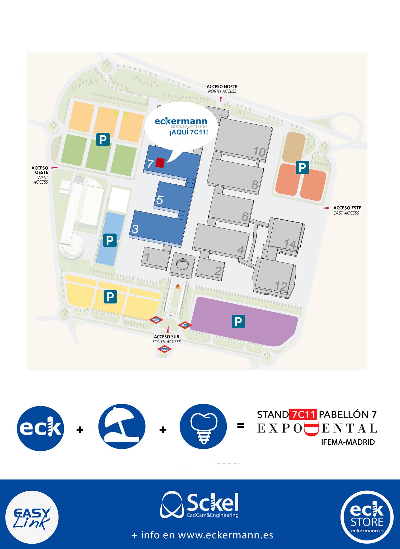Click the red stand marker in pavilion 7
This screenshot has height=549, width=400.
[160, 163]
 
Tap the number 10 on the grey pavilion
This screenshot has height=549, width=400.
[259, 152]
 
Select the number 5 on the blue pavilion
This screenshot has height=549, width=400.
[160, 200]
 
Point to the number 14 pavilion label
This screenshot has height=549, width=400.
[290, 244]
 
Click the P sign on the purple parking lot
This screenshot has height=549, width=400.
[238, 321]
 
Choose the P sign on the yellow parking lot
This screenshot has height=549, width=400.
[110, 297]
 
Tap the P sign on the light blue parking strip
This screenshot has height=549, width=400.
[110, 240]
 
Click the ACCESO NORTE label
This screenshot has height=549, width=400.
[222, 87]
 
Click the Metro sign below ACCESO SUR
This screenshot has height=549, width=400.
[164, 349]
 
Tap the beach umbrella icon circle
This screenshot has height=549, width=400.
[122, 427]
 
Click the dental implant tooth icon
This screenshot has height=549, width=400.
[203, 427]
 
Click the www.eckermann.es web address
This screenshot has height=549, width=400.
[226, 535]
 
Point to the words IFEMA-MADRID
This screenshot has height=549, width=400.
[348, 442]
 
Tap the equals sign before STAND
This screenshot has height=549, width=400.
[241, 425]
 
